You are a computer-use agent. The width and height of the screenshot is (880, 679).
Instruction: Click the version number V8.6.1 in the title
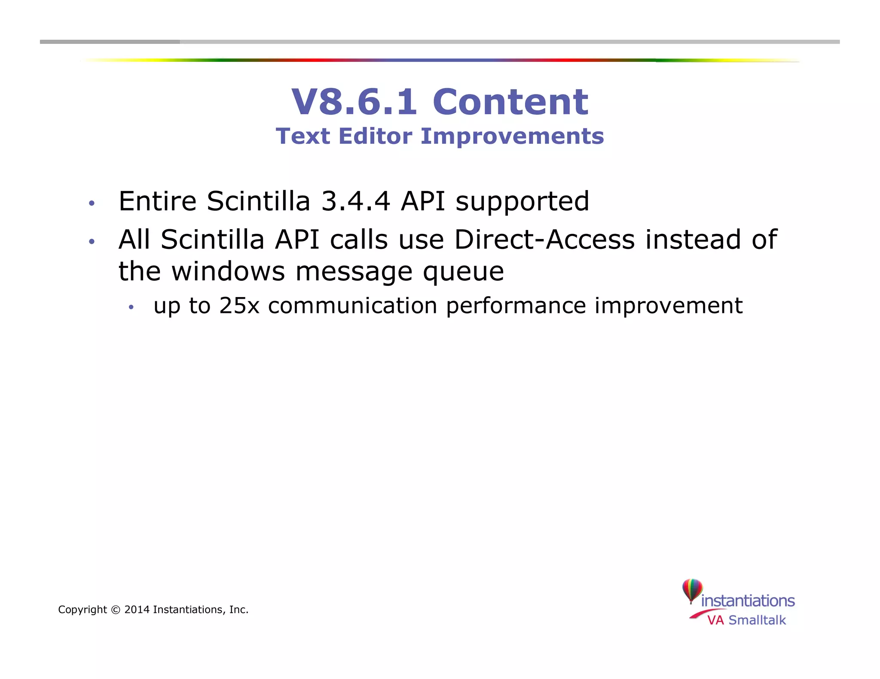click(x=354, y=102)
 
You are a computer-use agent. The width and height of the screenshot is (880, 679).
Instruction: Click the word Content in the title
click(x=510, y=102)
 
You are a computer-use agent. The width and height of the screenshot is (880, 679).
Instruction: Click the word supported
click(x=522, y=202)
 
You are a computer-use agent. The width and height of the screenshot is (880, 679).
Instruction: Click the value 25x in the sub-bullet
click(x=239, y=306)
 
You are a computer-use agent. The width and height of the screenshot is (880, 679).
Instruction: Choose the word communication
click(x=352, y=306)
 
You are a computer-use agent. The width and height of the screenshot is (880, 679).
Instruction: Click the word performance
click(x=516, y=306)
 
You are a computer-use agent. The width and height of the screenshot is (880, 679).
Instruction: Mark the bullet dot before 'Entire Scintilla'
click(x=91, y=203)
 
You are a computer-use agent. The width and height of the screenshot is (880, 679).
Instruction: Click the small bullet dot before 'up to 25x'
click(x=131, y=307)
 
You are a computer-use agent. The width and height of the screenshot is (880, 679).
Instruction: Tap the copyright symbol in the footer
click(x=116, y=610)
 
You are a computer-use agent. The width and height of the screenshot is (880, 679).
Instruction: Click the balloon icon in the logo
click(x=692, y=591)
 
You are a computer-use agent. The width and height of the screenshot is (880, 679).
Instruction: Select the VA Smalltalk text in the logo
click(x=746, y=620)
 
